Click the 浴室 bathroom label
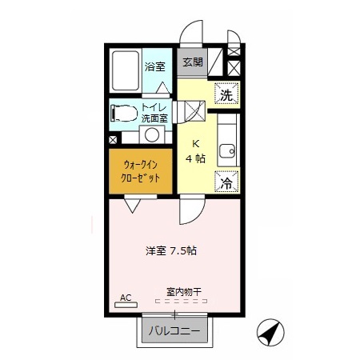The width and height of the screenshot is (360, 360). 154,67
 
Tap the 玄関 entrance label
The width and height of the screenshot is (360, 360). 191,62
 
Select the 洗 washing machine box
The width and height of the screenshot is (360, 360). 226,94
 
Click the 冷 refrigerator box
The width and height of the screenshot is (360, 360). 226,182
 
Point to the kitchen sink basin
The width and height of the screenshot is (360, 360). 227,149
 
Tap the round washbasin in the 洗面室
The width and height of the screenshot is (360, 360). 151,134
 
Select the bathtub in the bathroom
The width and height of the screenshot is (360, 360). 126,71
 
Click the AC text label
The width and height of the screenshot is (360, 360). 125,298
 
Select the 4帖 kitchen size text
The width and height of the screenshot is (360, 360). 194,159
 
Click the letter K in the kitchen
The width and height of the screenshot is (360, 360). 194,145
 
